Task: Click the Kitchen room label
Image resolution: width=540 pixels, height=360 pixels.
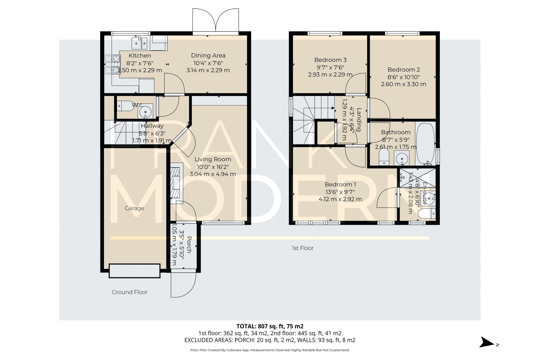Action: [140, 56]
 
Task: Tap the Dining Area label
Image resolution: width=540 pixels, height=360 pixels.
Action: [208, 56]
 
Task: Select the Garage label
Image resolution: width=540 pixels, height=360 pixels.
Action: [134, 208]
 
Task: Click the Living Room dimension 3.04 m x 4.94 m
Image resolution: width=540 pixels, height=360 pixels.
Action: [212, 174]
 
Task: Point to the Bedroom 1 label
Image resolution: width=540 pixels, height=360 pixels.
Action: [340, 184]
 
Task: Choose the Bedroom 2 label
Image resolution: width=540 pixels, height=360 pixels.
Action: [403, 70]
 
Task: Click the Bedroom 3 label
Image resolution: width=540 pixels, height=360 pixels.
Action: [330, 60]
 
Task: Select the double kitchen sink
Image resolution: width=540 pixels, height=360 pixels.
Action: [139, 43]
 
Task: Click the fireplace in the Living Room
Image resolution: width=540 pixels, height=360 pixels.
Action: [176, 183]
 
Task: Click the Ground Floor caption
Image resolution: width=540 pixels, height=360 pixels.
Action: [130, 292]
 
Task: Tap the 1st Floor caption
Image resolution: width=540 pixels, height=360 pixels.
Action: [302, 248]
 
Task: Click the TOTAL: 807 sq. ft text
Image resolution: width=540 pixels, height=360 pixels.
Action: [270, 326]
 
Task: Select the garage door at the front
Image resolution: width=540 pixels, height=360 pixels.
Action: [134, 271]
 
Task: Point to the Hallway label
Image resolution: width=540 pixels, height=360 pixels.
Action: [152, 126]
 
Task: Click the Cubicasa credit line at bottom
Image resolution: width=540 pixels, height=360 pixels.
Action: [270, 350]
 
